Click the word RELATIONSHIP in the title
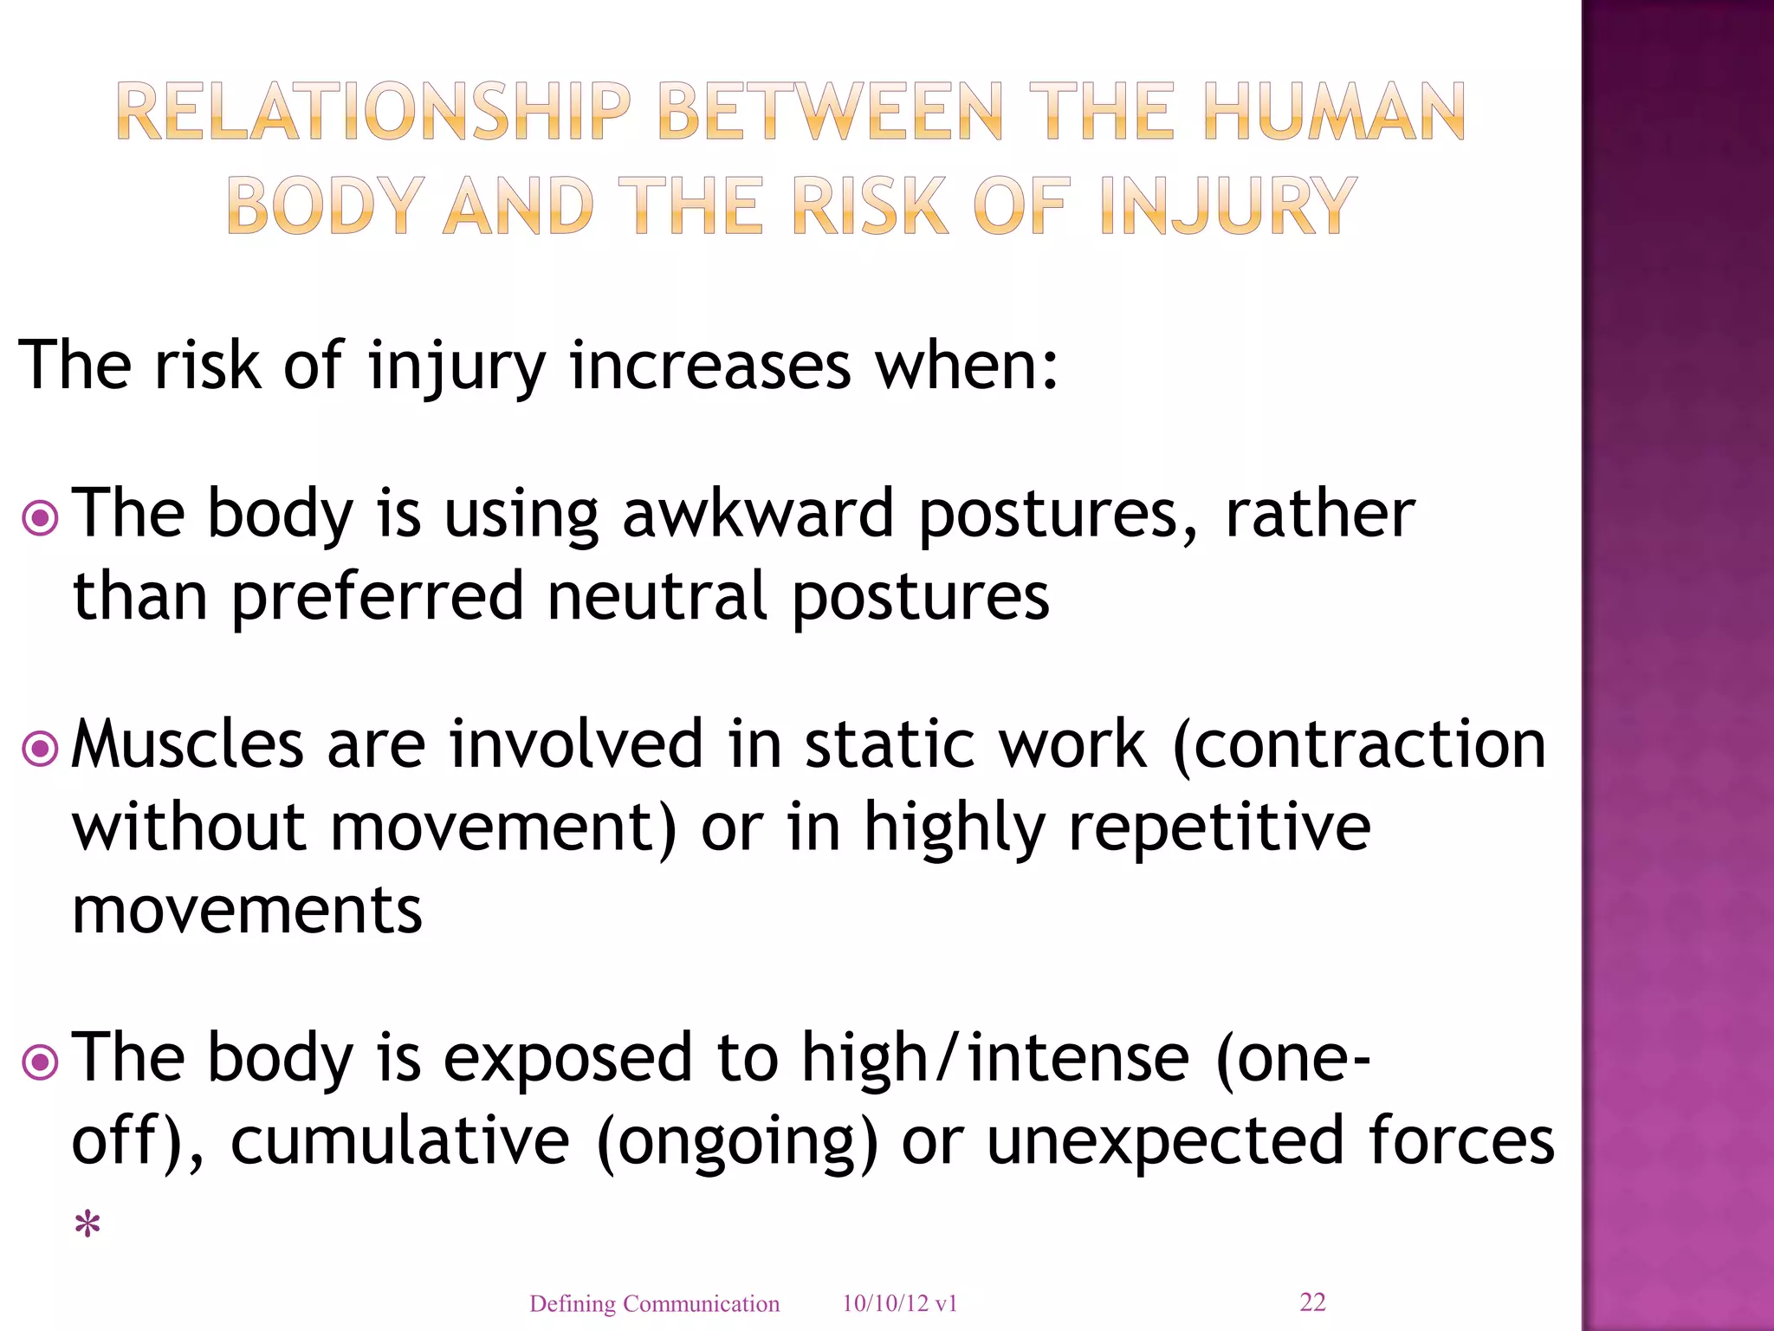coord(373,112)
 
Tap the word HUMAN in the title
coord(1334,112)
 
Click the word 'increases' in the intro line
coord(710,366)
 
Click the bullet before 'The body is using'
coord(40,519)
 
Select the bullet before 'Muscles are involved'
coord(40,749)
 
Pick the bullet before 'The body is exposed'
coord(40,1062)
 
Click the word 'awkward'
coord(758,513)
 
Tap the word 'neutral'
coord(657,596)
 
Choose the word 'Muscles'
coord(187,743)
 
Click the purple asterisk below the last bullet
coord(87,1224)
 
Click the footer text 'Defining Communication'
coord(654,1304)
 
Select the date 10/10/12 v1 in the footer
coord(899,1304)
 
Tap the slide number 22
coord(1312,1302)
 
